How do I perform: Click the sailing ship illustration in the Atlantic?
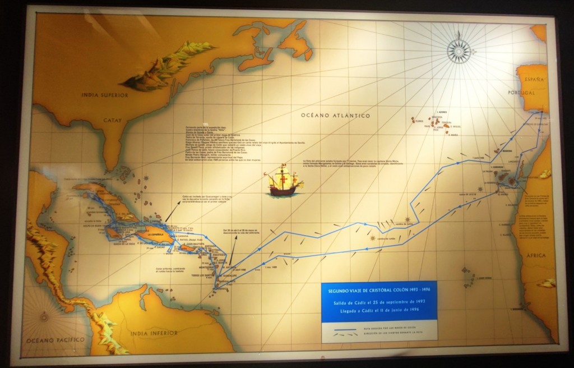click(283, 181)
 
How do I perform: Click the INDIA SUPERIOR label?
click(105, 95)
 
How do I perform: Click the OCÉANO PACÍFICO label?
click(54, 340)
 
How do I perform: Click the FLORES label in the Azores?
click(417, 120)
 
